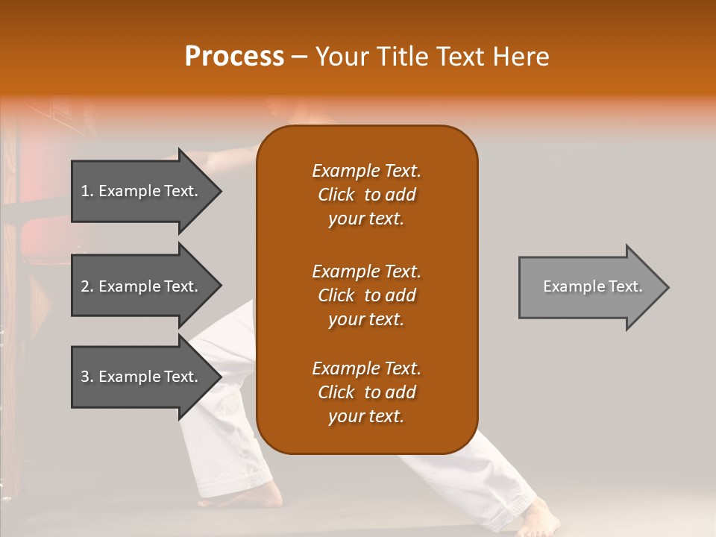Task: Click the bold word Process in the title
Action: pos(234,57)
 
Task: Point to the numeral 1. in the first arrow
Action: pos(87,191)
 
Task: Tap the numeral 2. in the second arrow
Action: pos(87,286)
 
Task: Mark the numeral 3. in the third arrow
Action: pos(87,377)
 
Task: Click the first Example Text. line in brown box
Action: pos(366,171)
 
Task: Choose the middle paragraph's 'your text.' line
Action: pos(366,319)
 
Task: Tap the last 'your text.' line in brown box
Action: pos(366,416)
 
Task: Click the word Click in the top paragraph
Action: pos(336,195)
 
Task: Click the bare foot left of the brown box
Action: pos(265,494)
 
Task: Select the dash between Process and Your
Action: pos(299,57)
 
